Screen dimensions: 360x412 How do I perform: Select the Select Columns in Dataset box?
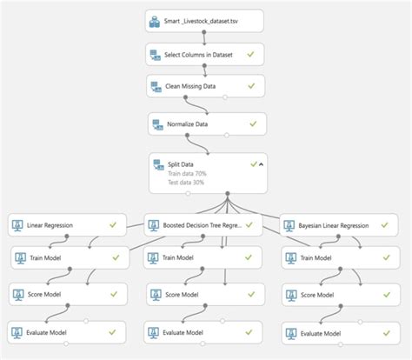[204, 55]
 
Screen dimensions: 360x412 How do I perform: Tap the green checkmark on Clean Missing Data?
[251, 87]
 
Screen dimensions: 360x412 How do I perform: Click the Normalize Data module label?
[189, 124]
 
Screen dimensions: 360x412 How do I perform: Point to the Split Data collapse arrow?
[262, 163]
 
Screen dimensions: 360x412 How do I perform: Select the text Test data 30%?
[187, 183]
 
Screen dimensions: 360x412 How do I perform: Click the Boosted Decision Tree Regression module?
[201, 225]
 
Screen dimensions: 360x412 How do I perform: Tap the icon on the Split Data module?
[158, 163]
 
